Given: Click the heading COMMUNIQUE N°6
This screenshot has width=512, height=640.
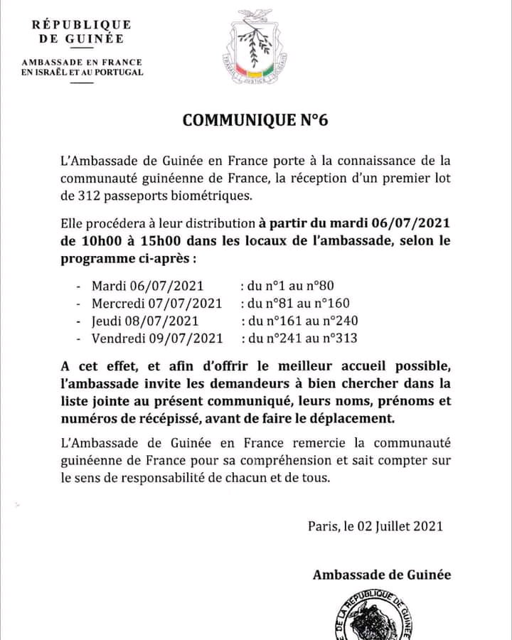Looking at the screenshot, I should (x=255, y=119).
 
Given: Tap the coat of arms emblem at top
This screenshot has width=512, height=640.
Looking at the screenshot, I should (x=255, y=47).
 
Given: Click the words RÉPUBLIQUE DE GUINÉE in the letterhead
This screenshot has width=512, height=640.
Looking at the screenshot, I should (x=81, y=32).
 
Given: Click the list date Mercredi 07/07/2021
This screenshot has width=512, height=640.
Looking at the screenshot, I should (x=156, y=304).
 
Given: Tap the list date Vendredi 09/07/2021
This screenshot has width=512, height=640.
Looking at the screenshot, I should (x=157, y=338).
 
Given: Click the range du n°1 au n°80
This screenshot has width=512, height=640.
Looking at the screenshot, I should (x=286, y=287).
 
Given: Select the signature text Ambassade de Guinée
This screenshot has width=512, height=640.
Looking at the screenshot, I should (x=381, y=575).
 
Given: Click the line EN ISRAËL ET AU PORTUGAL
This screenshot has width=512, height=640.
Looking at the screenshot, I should (x=82, y=72).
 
